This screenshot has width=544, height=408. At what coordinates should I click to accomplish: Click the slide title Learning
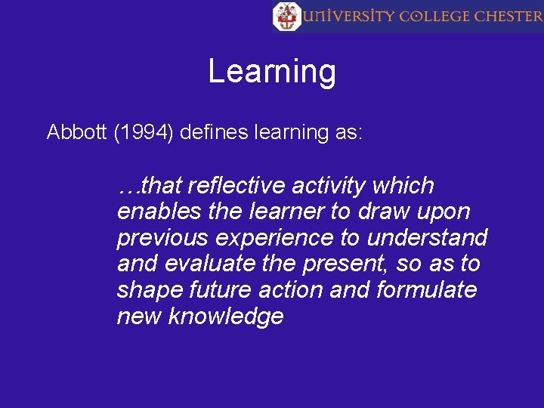tap(272, 72)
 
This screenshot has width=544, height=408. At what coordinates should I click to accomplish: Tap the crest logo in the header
tap(287, 16)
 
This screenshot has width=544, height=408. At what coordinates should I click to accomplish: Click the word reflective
tap(236, 185)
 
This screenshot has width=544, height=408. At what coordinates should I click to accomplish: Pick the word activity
tap(334, 185)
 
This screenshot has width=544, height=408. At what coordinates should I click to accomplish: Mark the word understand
tap(427, 238)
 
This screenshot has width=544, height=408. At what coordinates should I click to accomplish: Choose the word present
tap(351, 265)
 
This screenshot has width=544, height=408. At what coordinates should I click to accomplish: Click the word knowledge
tap(226, 317)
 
